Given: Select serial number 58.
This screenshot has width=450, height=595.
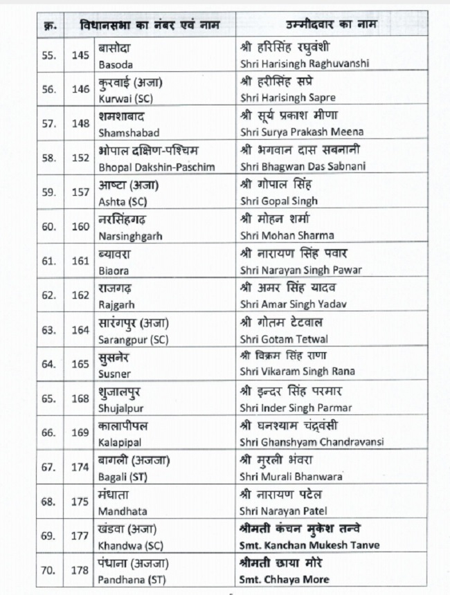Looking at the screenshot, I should [48, 158].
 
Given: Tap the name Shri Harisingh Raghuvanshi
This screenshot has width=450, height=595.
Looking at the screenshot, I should [304, 63].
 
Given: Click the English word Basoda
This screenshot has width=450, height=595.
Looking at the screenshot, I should [116, 63].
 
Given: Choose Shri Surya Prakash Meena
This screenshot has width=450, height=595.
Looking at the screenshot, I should [302, 132].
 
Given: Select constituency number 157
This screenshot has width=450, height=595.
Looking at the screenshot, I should [80, 193].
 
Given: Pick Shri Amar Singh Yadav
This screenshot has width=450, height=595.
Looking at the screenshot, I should [293, 304].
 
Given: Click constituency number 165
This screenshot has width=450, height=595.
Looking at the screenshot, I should [80, 365].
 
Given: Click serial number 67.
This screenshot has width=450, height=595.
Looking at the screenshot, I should [48, 468].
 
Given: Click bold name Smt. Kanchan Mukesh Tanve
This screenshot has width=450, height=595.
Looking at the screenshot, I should [309, 545].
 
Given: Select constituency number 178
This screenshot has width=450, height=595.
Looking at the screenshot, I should [80, 571].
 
